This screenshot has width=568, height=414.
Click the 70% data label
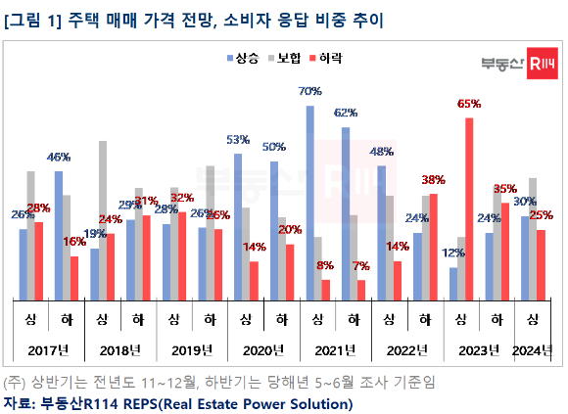(310, 91)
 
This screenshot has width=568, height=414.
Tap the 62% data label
(345, 113)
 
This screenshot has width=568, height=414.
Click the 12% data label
(453, 253)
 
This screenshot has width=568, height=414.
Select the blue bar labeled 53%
(238, 226)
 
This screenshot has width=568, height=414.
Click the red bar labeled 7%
(361, 290)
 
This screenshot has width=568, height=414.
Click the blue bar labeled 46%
(58, 235)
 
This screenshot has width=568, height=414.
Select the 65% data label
(468, 103)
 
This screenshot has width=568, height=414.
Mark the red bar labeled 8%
(325, 290)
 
